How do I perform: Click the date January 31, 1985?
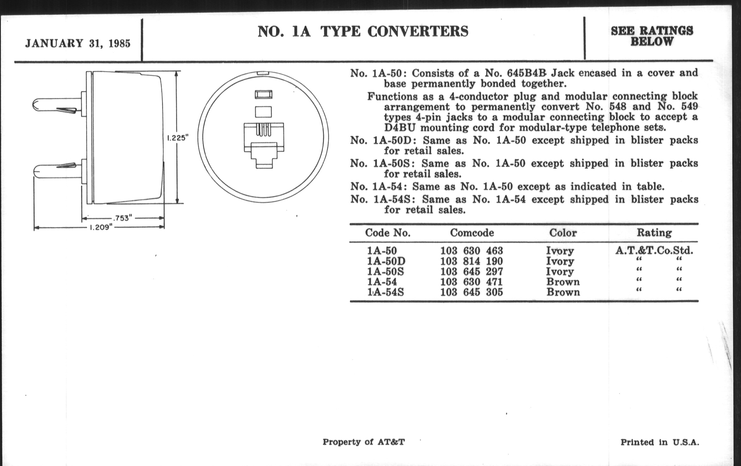click(78, 43)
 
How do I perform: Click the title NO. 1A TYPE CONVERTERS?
click(363, 31)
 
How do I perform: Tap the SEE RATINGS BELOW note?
click(652, 36)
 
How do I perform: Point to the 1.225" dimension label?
click(177, 138)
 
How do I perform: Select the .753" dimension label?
click(122, 218)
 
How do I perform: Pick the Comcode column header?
click(472, 232)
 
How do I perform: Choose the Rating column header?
click(654, 232)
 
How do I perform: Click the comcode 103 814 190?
click(471, 261)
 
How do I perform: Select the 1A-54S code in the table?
click(385, 292)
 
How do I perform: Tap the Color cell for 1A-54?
click(563, 282)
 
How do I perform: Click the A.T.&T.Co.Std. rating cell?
click(654, 250)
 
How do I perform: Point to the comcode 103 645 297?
click(471, 272)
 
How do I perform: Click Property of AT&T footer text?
click(363, 442)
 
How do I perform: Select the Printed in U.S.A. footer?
click(659, 442)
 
